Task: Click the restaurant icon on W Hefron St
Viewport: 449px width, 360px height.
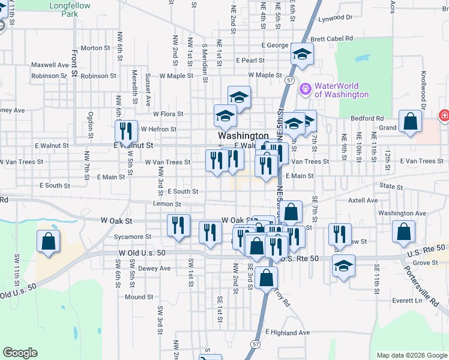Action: (126, 130)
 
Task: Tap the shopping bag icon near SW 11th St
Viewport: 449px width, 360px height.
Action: (48, 241)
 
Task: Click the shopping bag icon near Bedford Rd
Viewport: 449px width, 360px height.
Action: (409, 121)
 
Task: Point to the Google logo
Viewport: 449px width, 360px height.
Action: (20, 353)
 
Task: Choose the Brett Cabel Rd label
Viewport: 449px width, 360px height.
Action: (331, 38)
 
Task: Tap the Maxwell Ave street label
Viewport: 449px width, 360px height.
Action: (50, 65)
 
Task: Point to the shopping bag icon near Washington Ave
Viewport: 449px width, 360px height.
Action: (404, 232)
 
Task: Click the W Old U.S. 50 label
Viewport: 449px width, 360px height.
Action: (142, 253)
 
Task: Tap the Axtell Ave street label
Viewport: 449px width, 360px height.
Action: (363, 200)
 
